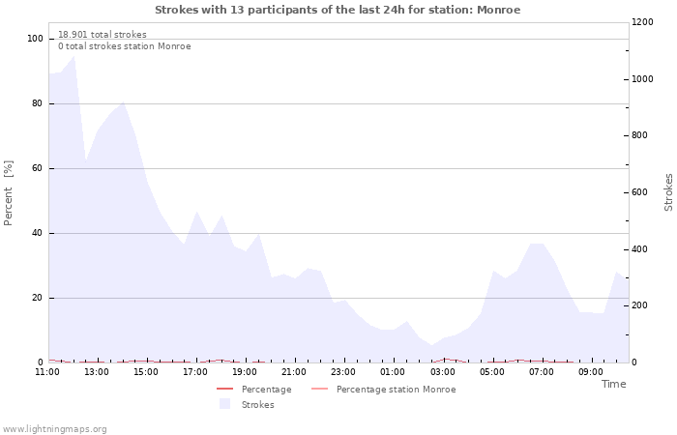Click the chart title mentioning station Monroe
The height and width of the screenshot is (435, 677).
(338, 10)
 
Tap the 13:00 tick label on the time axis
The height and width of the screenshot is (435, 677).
(97, 372)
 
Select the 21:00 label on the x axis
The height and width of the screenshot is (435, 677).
(294, 372)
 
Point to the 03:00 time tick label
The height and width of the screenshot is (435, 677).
(442, 372)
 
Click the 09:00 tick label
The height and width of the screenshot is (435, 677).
(590, 372)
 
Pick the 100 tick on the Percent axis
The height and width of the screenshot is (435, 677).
(35, 39)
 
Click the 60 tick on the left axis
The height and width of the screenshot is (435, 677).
(38, 168)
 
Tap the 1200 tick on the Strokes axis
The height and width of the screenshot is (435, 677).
(641, 22)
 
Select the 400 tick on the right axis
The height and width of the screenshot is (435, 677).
(639, 249)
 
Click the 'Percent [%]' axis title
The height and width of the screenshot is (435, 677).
(9, 193)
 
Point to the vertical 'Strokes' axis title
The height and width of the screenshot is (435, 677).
(668, 192)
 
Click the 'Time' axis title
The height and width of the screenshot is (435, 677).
(613, 384)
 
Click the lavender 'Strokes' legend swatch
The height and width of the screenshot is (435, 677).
(225, 404)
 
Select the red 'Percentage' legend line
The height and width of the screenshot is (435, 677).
(225, 390)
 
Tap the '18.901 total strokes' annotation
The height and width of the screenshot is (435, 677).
(103, 34)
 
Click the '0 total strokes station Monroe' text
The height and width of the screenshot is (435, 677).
(124, 46)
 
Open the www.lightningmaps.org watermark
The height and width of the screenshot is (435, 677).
(55, 429)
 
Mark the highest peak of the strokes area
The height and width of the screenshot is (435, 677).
(74, 55)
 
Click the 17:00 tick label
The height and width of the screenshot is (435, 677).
(195, 372)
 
